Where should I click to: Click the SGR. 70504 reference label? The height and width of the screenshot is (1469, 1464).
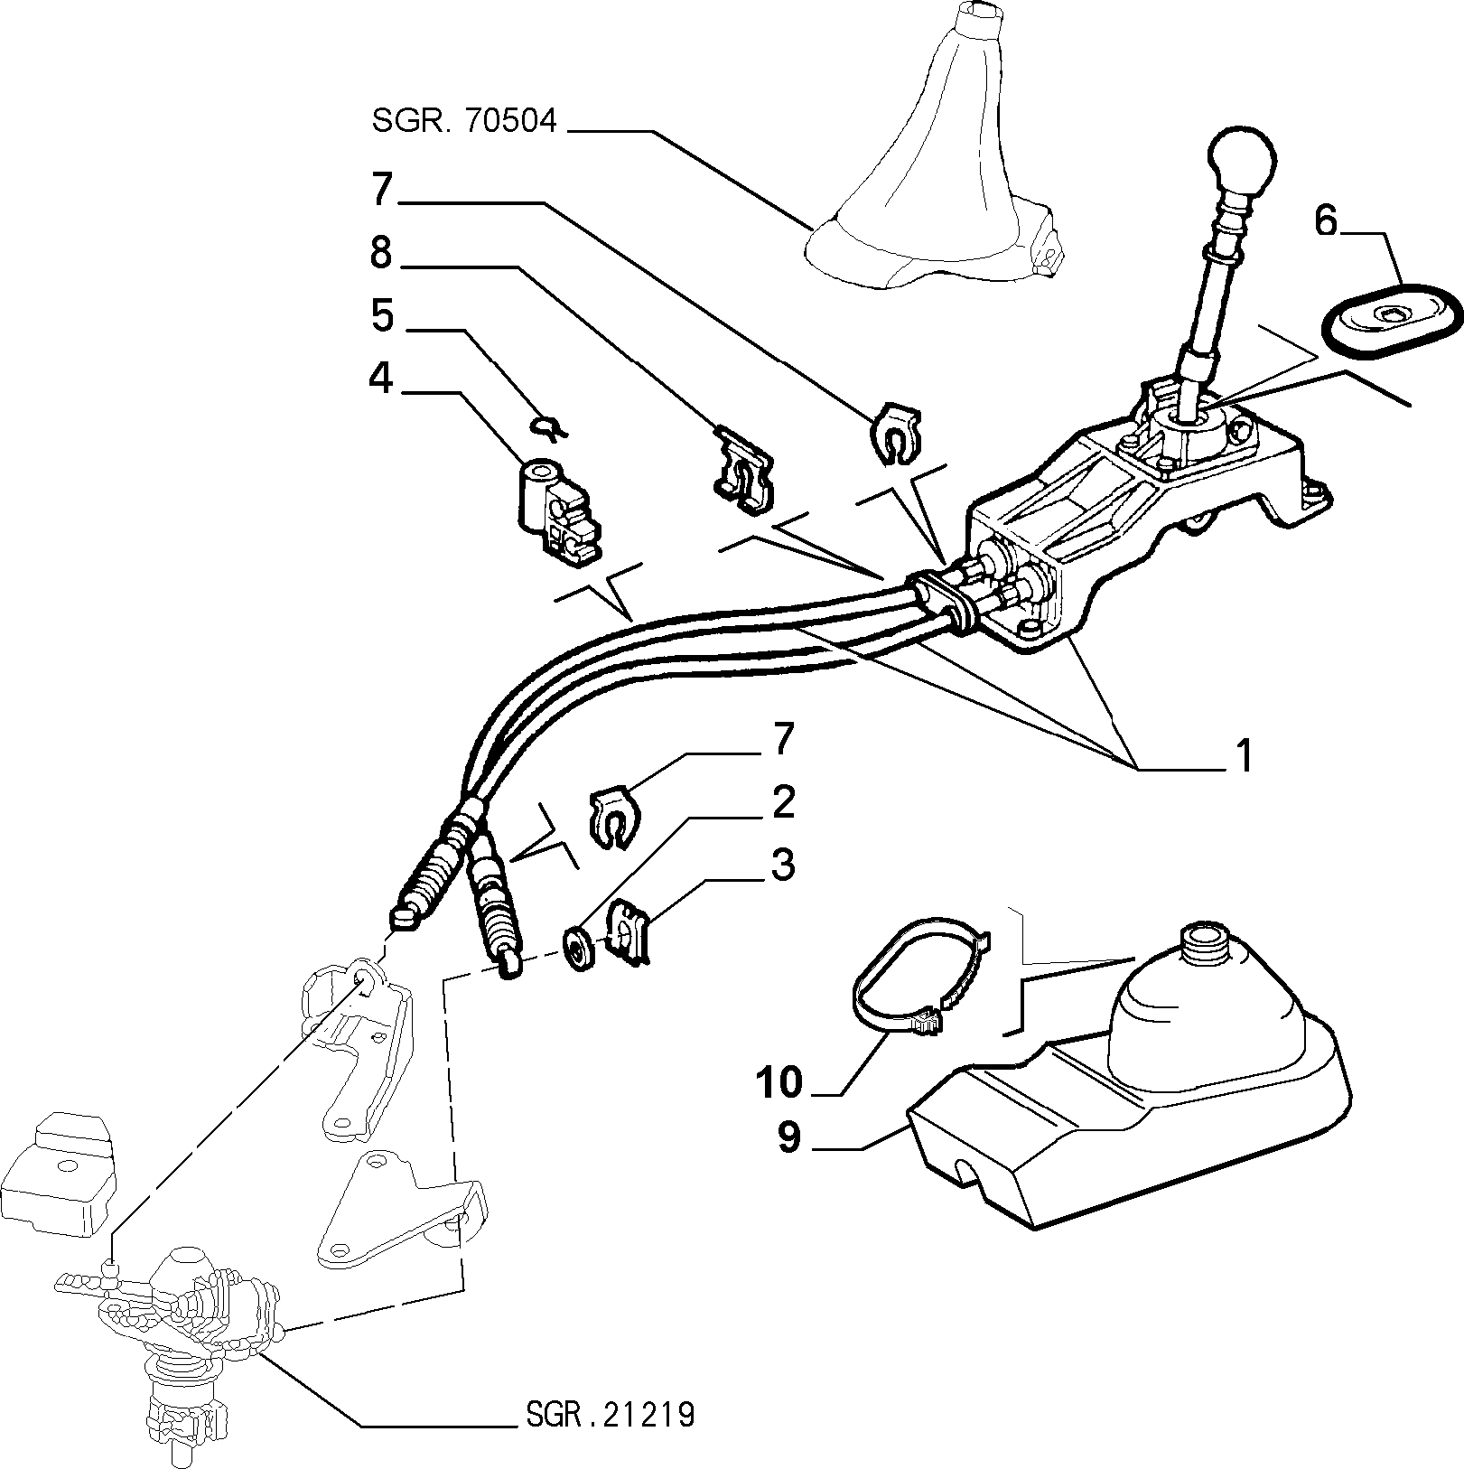[465, 121]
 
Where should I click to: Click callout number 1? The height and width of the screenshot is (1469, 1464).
[1244, 756]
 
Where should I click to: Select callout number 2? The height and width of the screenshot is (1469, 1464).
[782, 802]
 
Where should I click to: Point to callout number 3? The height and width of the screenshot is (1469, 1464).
[782, 865]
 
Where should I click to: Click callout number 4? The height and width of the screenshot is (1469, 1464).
[381, 379]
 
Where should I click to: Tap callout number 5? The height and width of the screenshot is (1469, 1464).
[382, 316]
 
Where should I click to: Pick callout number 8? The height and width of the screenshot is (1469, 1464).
[381, 254]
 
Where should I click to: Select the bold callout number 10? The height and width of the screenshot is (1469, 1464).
[779, 1081]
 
